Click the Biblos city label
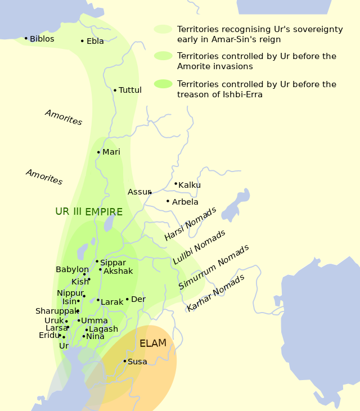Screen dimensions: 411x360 click(42, 39)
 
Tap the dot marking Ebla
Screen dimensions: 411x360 click(82, 41)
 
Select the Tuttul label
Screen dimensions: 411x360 click(130, 90)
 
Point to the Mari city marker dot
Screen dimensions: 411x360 click(98, 152)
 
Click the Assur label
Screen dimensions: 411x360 click(138, 192)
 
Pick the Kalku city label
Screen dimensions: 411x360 click(190, 185)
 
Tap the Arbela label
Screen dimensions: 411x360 click(185, 202)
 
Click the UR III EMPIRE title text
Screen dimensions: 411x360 click(89, 212)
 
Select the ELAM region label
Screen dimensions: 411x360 click(153, 343)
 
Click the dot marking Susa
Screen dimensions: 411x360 click(125, 361)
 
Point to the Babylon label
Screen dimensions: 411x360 click(72, 270)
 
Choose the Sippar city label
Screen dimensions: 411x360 click(113, 263)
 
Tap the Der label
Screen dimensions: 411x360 click(138, 299)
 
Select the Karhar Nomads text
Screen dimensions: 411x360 click(215, 293)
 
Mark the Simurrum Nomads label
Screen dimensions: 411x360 click(214, 267)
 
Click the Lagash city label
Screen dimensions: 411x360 click(103, 329)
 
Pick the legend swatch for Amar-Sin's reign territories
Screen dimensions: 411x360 click(163, 29)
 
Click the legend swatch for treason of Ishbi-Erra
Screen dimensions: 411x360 click(163, 84)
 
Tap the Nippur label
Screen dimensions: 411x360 click(70, 293)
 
